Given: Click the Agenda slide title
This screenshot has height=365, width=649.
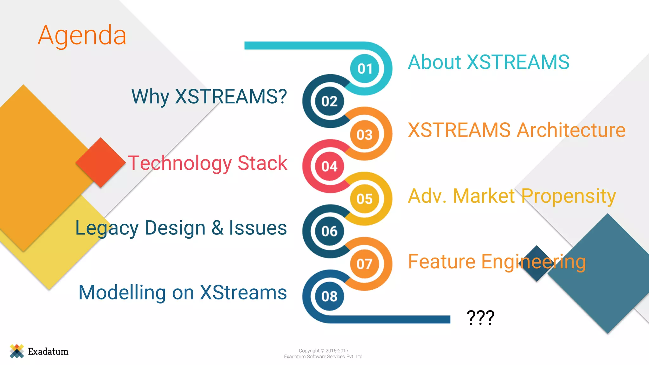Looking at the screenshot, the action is point(82,35).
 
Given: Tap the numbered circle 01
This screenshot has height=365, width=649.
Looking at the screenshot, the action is point(365,68).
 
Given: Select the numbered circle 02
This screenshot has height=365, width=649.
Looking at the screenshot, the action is point(330,101).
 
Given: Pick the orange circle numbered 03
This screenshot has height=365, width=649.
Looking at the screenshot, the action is point(364,135).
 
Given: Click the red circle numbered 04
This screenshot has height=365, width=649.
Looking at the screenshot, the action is point(330,166).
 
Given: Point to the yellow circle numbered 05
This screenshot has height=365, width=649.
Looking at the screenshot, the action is point(364,199).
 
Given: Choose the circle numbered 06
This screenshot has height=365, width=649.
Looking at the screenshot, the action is point(330,231).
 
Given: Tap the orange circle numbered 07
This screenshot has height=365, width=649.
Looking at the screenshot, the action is point(364,264).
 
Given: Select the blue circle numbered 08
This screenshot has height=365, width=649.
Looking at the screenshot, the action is point(330,296).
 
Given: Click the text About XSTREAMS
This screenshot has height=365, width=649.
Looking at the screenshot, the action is point(488,62).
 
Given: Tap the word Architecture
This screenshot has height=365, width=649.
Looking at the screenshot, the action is point(571,130).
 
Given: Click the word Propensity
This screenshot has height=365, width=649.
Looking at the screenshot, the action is point(569,196).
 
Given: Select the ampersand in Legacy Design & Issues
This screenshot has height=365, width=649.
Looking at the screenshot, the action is point(217,228).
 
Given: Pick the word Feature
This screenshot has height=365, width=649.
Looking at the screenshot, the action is point(441,262).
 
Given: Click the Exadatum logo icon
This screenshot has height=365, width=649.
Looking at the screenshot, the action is point(17,351).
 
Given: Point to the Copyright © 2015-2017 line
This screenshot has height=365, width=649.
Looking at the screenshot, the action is point(324,350).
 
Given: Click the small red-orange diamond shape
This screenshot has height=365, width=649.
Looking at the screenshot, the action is point(100,162).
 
